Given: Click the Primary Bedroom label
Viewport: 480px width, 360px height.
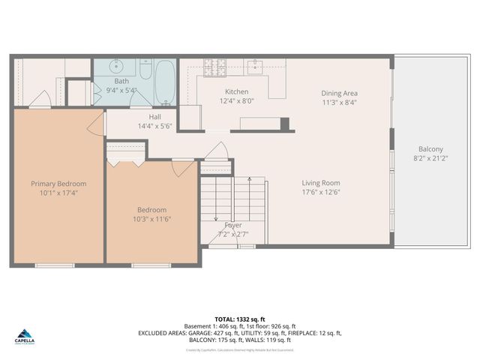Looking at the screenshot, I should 58,184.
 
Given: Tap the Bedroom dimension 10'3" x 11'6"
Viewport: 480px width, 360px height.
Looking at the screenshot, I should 151,220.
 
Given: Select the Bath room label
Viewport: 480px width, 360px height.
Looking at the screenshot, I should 121,81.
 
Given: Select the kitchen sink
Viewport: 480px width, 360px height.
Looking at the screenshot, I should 255,66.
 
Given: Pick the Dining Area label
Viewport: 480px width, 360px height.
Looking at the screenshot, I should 339,93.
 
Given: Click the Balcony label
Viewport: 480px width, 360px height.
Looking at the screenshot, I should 430,148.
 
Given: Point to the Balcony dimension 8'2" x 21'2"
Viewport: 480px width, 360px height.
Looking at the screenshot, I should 430,158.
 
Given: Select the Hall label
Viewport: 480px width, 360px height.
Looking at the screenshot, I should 155,117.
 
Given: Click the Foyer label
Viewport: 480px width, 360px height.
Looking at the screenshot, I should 233,225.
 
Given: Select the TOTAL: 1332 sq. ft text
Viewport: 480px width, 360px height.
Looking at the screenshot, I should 240,318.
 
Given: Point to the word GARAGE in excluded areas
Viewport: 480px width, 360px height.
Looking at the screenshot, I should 209,333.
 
